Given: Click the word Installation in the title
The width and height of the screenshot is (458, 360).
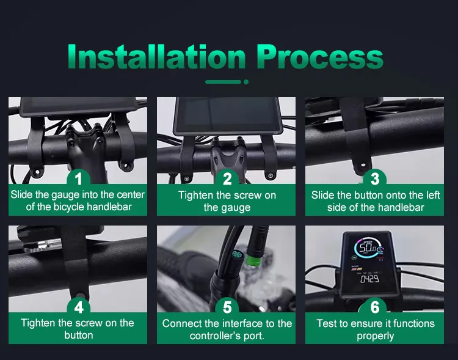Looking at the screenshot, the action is pos(156,56).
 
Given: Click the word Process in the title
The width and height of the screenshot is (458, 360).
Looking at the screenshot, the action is pos(320,56).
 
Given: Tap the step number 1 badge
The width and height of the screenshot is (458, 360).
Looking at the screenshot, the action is pos(78,178).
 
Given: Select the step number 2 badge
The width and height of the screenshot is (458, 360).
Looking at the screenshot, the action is pos(227,178).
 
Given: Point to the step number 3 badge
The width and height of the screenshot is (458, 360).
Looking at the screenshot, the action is pos(375,178).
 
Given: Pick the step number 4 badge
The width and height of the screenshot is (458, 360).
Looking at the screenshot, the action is pos(78,307).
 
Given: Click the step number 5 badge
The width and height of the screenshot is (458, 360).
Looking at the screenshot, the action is pos(227,307).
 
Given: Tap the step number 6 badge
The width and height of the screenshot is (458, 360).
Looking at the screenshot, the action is pos(375,307).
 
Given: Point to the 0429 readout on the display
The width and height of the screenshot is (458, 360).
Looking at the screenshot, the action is pos(369,279).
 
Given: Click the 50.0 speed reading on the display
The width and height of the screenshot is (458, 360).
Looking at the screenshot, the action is pos(368,248).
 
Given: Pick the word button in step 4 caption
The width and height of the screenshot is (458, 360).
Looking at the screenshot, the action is pos(79,335).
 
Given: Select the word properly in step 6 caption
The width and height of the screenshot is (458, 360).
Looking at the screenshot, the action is pos(375,336).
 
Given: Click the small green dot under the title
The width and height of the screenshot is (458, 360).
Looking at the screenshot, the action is pos(246,82).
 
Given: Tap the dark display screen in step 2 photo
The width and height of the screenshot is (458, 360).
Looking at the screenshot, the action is pos(227,114).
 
